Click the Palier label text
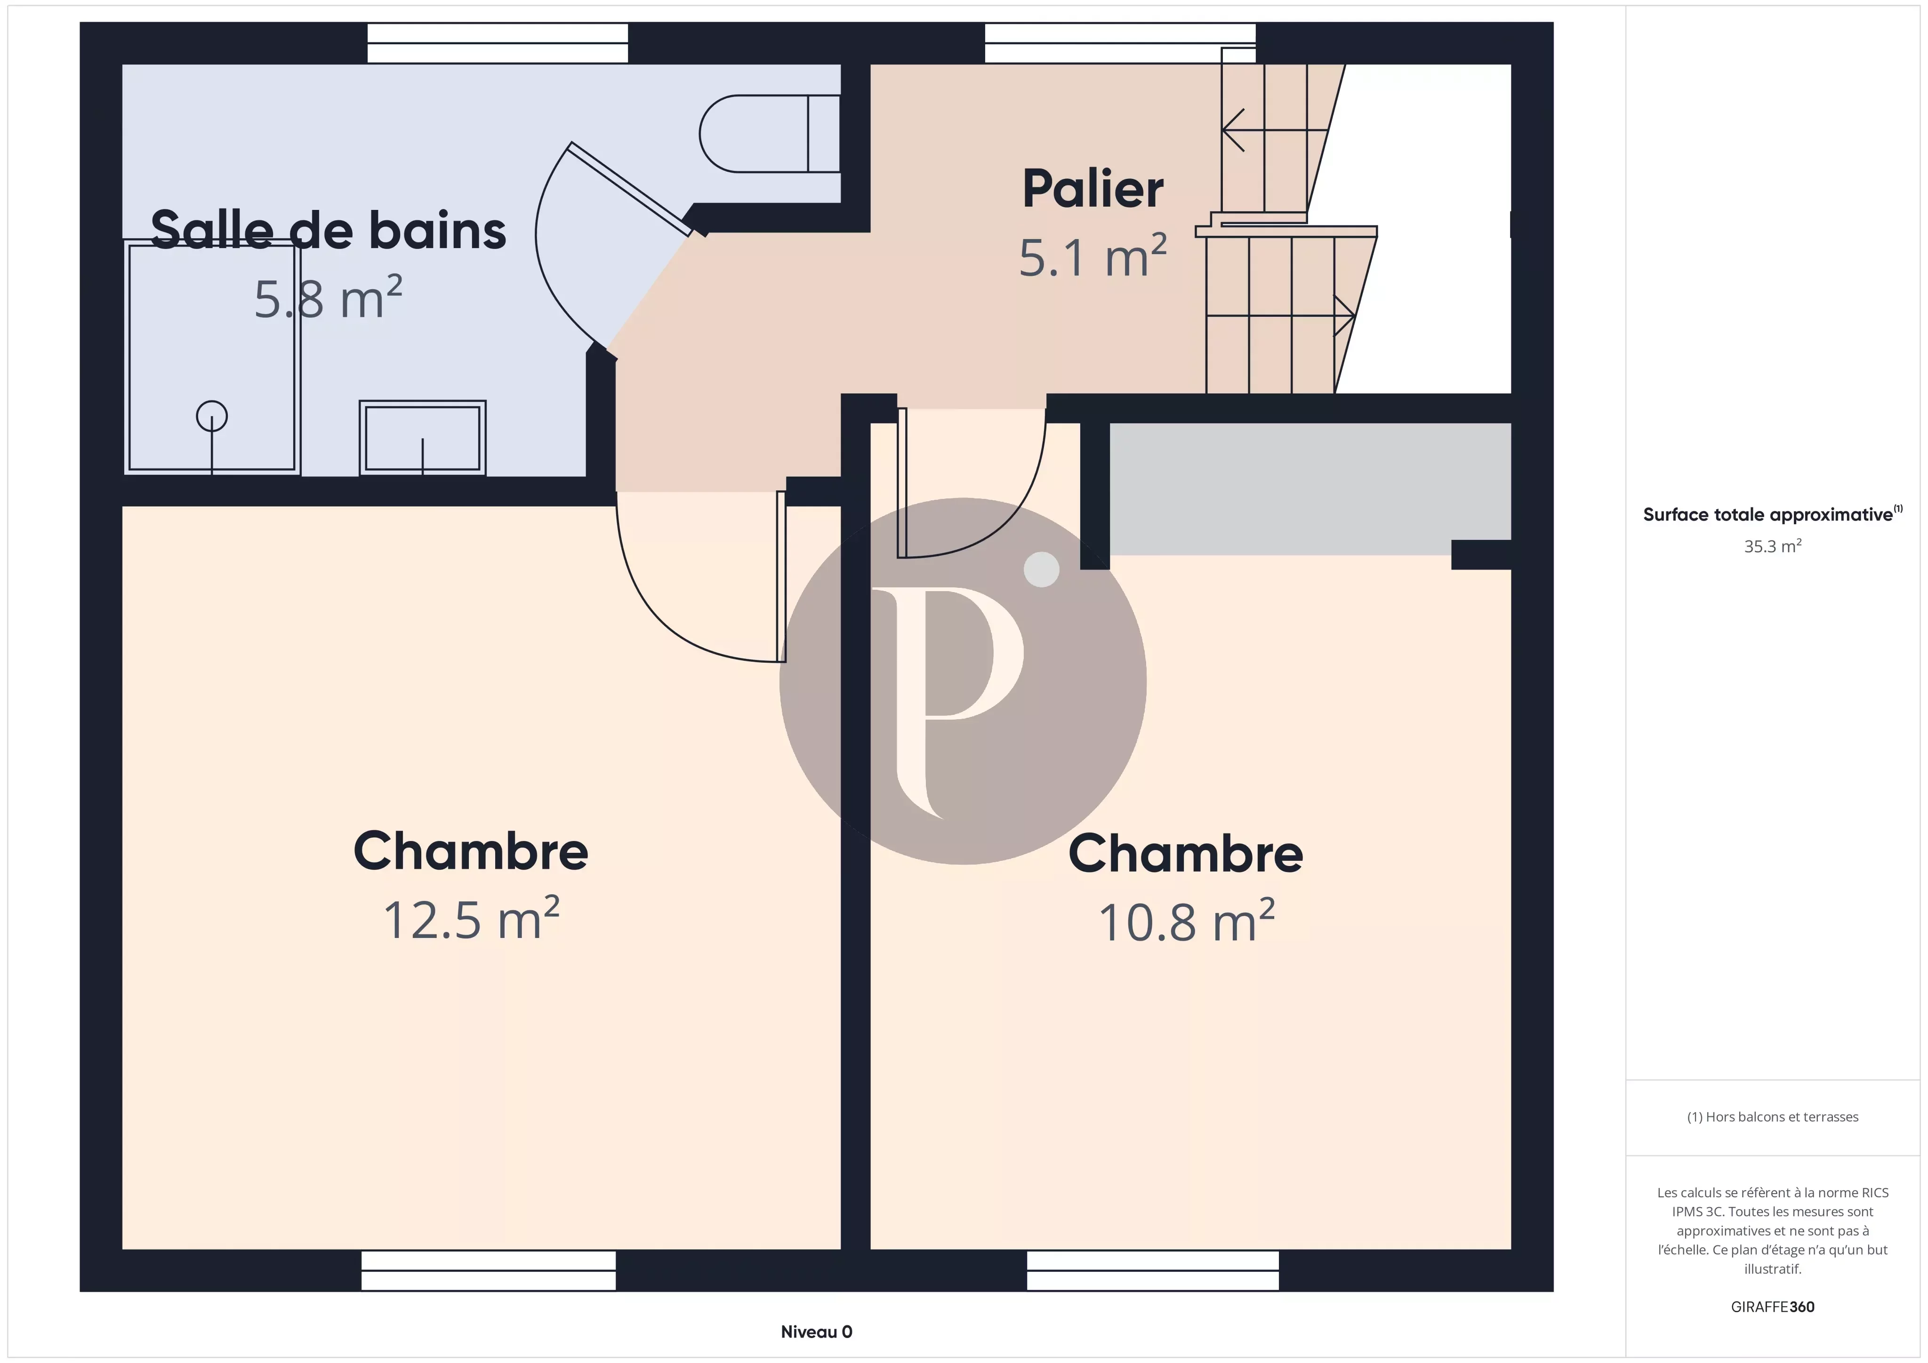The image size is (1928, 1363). pyautogui.click(x=1093, y=189)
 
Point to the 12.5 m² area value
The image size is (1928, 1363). pyautogui.click(x=471, y=919)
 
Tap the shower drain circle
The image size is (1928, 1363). pyautogui.click(x=212, y=417)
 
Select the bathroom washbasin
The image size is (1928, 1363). pyautogui.click(x=422, y=438)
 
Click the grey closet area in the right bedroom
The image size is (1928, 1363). pyautogui.click(x=1310, y=489)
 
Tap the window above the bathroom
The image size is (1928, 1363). pyautogui.click(x=498, y=43)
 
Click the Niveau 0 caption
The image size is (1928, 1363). pyautogui.click(x=816, y=1332)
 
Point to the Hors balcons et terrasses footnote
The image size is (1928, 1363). pyautogui.click(x=1773, y=1117)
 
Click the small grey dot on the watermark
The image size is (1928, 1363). pyautogui.click(x=1042, y=569)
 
